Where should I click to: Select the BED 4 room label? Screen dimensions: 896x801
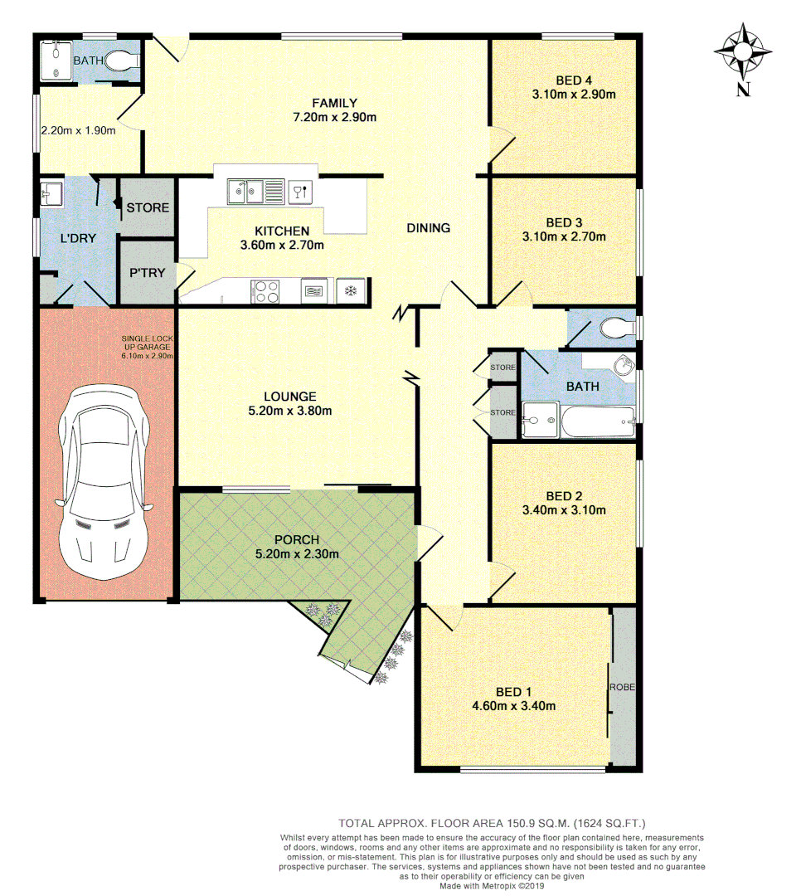point(574,80)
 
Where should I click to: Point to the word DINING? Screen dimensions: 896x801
point(428,228)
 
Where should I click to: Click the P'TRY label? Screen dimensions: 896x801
point(148,271)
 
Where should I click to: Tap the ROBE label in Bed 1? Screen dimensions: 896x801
point(622,688)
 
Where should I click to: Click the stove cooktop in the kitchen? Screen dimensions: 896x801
point(265,290)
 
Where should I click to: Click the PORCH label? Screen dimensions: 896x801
point(298,540)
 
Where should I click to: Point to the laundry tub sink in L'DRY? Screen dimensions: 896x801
point(50,196)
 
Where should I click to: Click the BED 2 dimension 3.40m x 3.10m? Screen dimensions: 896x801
point(564,510)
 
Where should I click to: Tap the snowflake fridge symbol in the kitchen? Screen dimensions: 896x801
point(351,290)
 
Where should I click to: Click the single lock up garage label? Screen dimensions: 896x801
point(147,347)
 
